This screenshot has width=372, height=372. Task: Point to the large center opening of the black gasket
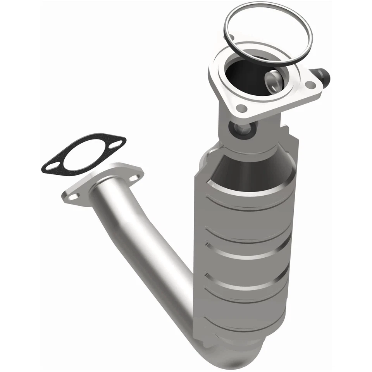[84, 155]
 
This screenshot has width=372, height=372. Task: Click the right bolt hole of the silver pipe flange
[134, 178]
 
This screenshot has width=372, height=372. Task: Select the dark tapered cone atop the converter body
[248, 170]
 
